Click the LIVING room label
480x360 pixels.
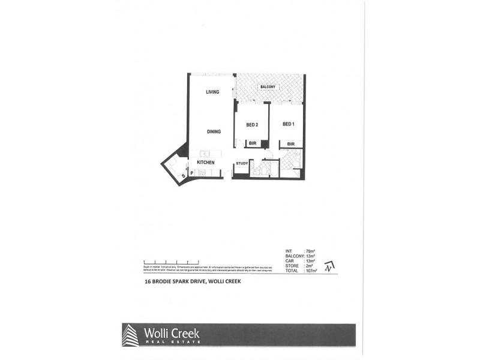212,92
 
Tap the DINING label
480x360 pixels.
214,131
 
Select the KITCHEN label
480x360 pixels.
206,163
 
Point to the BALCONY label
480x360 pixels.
268,88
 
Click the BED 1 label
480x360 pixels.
289,124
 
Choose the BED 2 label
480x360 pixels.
252,124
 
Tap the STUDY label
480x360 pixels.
242,163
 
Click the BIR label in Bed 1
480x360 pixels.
290,144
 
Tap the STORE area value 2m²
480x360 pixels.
308,266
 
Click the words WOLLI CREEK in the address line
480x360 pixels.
224,281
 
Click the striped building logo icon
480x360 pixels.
130,335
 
